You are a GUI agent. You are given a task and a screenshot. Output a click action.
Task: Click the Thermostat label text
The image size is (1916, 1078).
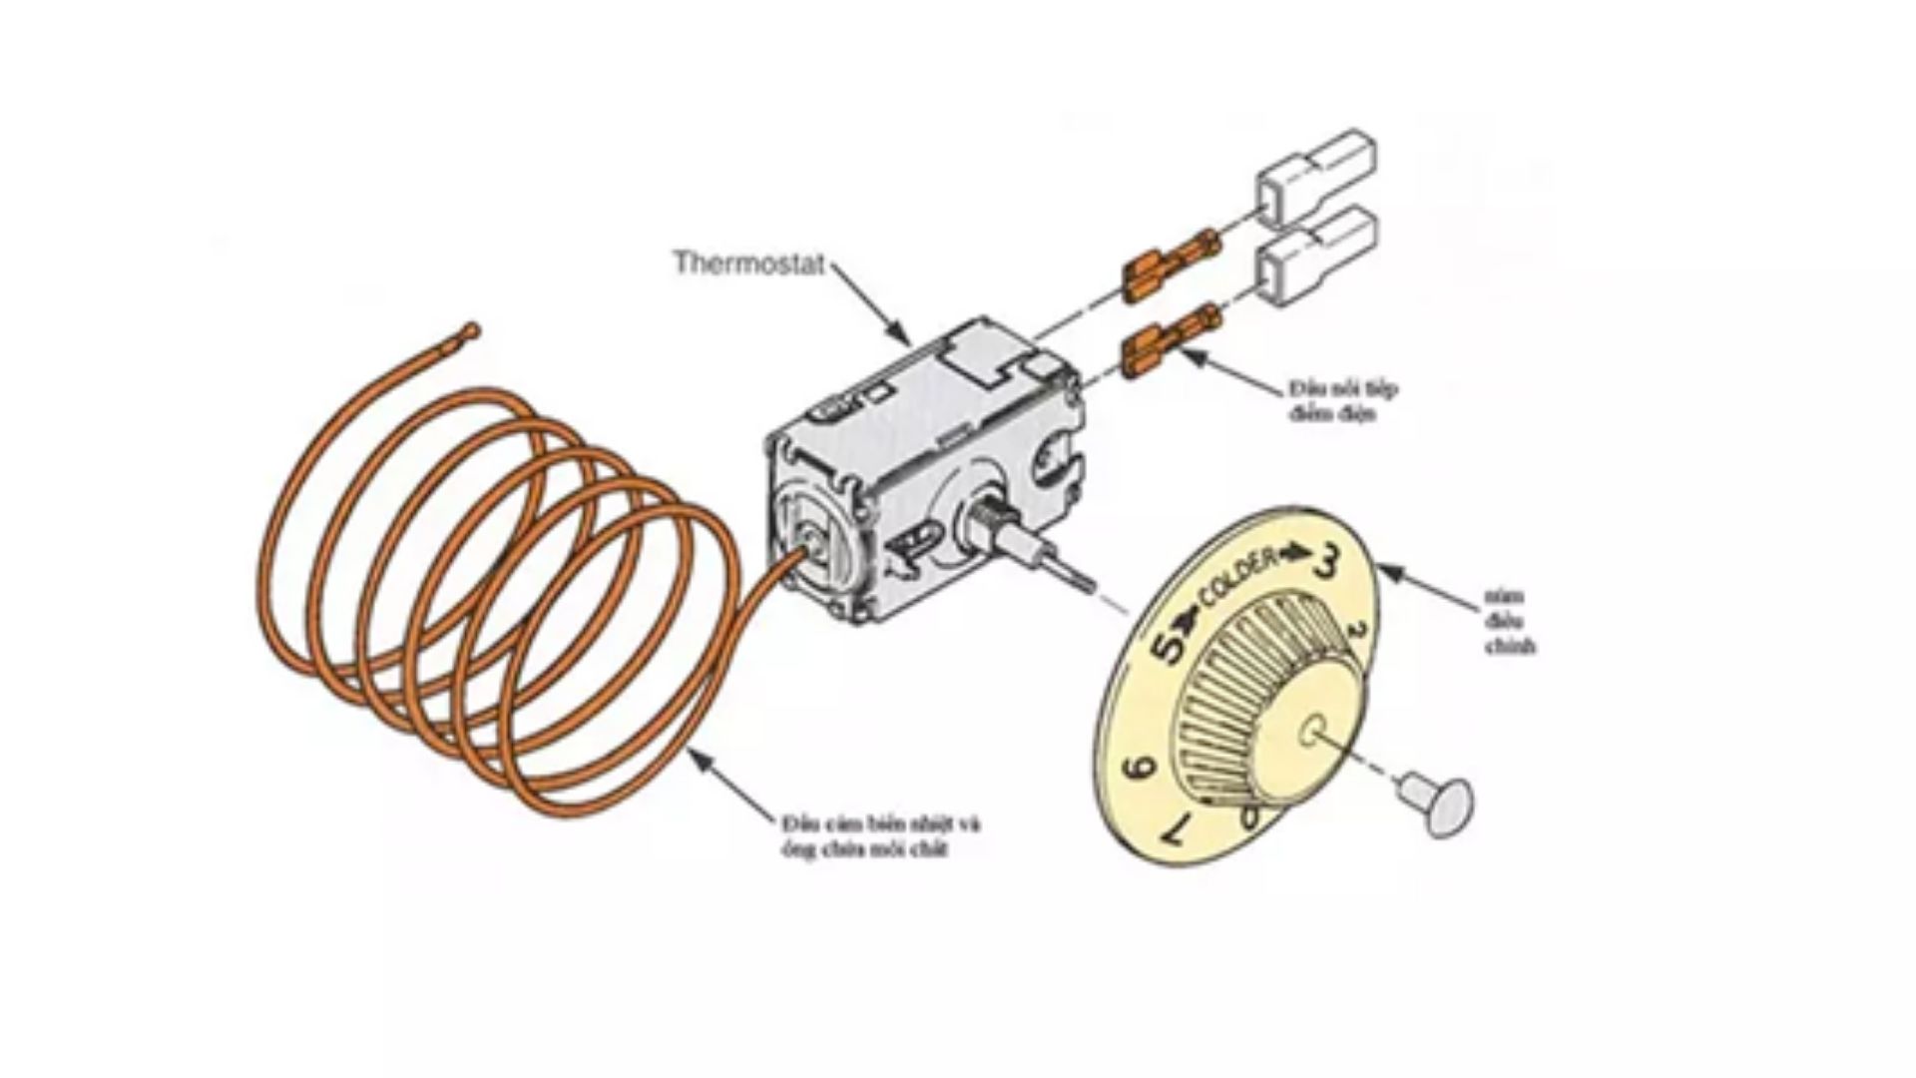tap(748, 264)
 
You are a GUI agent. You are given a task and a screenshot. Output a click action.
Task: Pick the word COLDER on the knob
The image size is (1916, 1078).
tap(1237, 578)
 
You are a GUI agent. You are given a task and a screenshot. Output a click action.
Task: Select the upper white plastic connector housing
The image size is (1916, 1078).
tap(1315, 176)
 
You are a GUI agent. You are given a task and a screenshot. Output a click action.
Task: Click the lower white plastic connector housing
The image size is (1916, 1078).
tap(1315, 254)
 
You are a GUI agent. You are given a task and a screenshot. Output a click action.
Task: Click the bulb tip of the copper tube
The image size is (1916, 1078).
tap(471, 330)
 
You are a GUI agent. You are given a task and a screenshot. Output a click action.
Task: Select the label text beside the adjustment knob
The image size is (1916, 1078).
tap(1507, 621)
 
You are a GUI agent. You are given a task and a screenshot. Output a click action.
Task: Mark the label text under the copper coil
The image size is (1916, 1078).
tap(880, 836)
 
